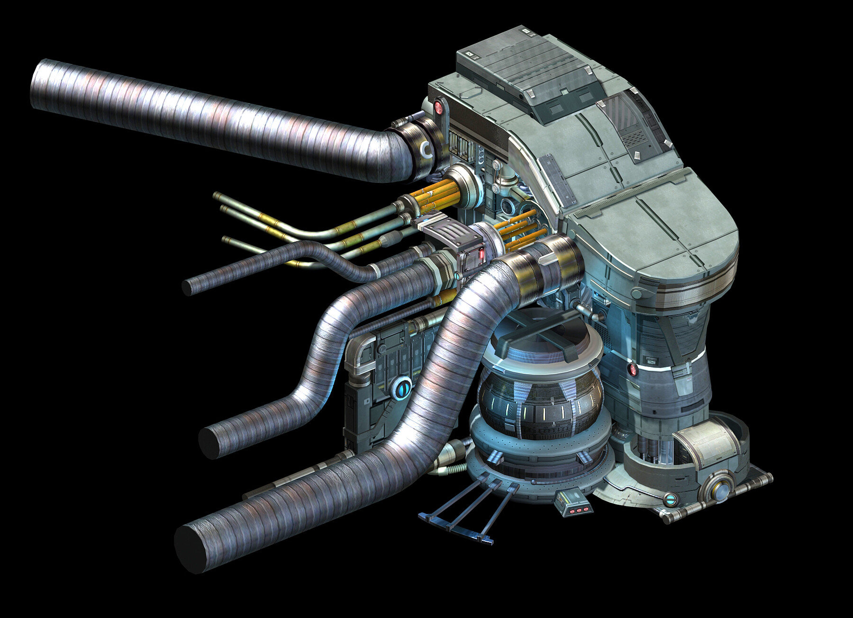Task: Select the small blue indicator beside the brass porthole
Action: (670, 499)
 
